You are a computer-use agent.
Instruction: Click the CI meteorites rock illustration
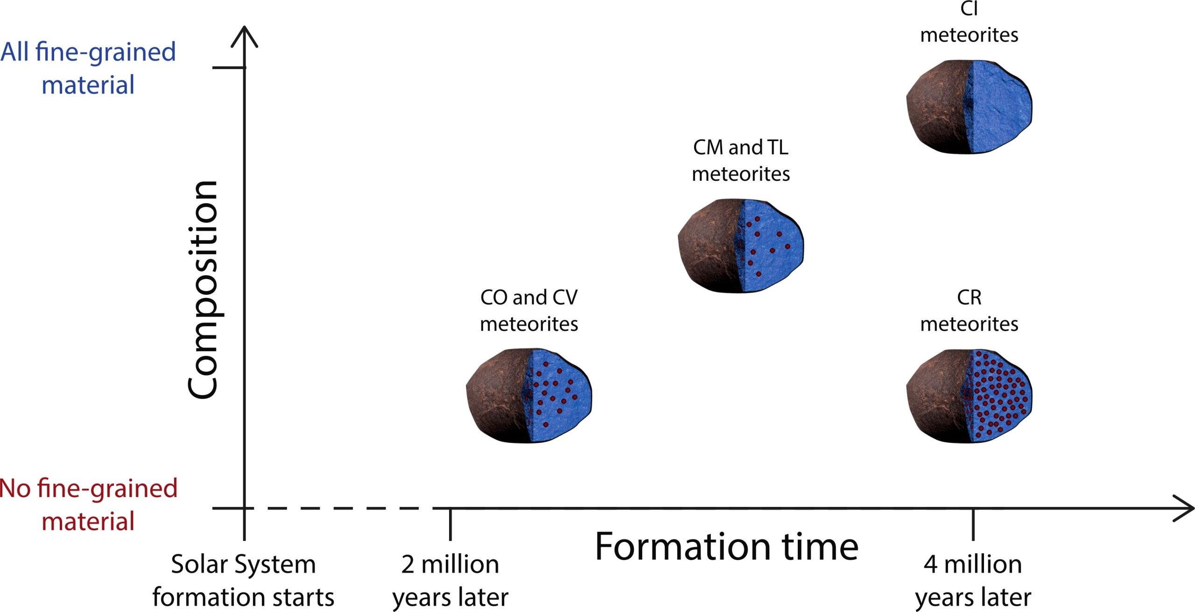pos(969,107)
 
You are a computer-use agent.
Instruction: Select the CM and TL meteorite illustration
pos(741,246)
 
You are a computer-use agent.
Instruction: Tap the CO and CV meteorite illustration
pos(529,395)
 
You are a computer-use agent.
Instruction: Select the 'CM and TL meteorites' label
pos(741,160)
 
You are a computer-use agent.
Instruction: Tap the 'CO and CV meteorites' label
pos(529,310)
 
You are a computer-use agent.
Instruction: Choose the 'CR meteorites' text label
pos(969,310)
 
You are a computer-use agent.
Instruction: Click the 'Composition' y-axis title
pos(203,289)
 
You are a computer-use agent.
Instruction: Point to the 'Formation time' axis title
pos(727,546)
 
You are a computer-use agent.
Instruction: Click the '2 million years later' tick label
pos(450,581)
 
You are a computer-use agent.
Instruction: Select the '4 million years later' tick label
pos(973,581)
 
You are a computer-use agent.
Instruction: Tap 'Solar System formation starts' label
pos(243,581)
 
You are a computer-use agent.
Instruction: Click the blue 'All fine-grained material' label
pos(88,68)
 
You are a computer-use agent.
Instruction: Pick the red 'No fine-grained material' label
pos(88,505)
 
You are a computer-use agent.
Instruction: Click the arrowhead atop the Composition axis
pos(244,36)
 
